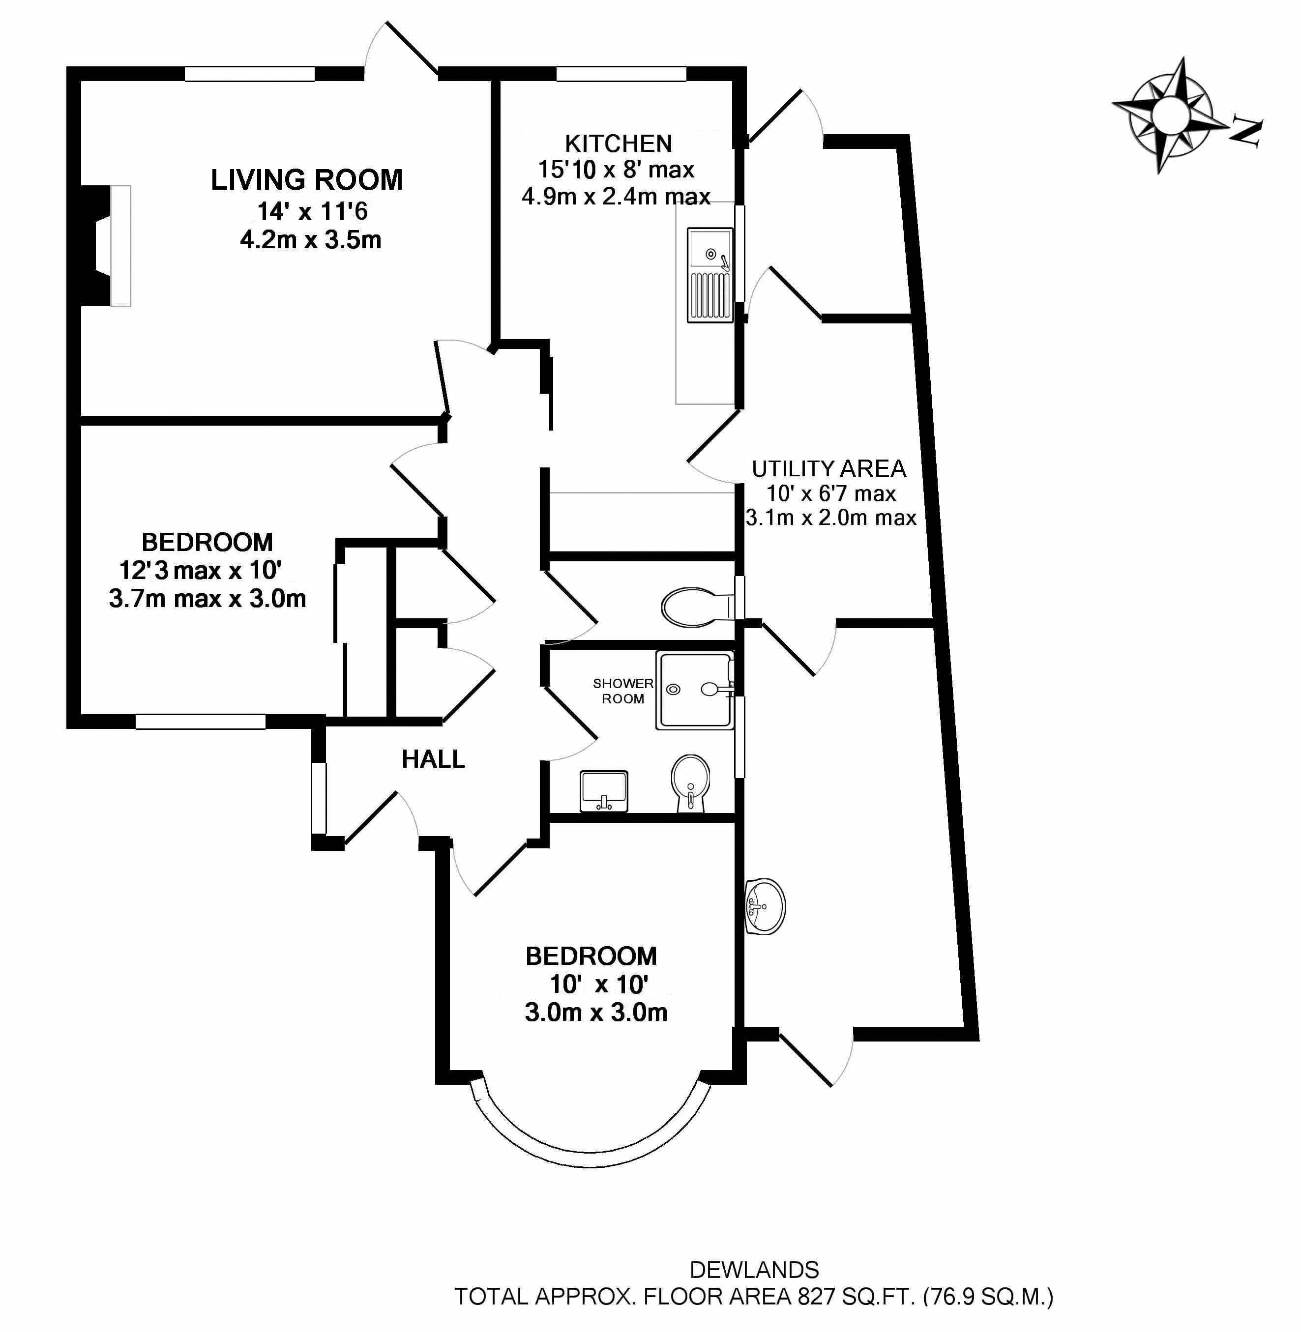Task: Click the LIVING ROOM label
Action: (306, 180)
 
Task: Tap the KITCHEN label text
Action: (619, 144)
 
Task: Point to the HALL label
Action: (433, 759)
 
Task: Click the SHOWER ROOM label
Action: (622, 691)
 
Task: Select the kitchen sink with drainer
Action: (710, 275)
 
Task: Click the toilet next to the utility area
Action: (697, 607)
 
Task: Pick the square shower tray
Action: (694, 690)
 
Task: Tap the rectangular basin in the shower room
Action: (604, 792)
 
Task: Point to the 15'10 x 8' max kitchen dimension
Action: (616, 170)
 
